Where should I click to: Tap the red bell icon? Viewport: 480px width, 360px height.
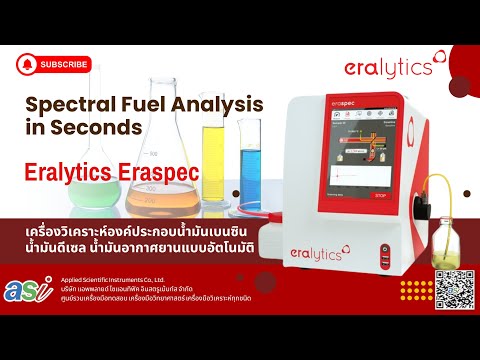tap(26, 64)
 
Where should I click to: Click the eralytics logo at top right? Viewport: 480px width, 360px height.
tap(387, 67)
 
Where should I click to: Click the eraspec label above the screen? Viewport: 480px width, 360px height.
tap(345, 103)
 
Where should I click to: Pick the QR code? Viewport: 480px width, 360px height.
tap(449, 289)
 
